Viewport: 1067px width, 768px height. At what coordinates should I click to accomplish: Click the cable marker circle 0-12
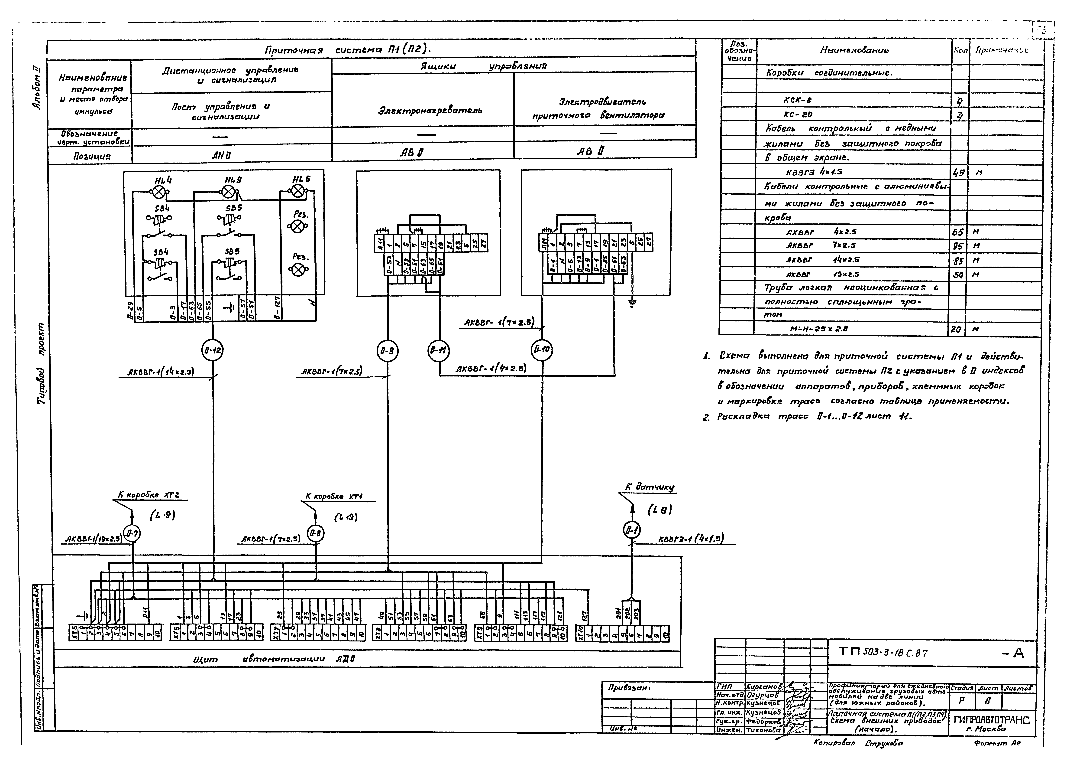click(x=213, y=350)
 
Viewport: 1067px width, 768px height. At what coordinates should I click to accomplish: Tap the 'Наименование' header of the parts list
click(x=854, y=50)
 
